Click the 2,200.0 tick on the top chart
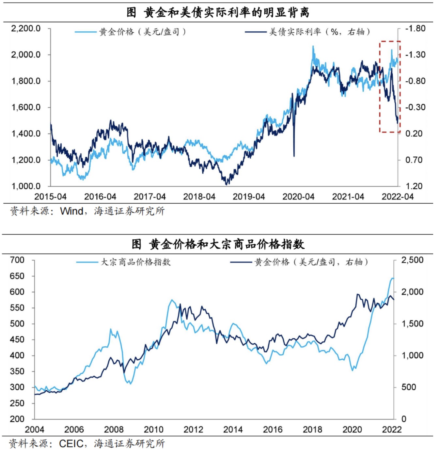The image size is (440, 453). (26, 29)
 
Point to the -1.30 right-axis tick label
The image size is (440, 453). (415, 55)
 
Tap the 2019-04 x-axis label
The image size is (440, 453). (249, 196)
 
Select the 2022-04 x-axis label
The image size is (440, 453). (398, 196)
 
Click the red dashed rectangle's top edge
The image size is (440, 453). (390, 41)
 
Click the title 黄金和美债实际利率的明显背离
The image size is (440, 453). (218, 12)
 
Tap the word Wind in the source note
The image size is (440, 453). (71, 211)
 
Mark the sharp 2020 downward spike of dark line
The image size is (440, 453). (294, 155)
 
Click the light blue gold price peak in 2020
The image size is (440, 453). (313, 47)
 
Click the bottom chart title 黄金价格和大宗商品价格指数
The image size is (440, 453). (218, 244)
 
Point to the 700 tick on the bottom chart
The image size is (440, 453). (17, 260)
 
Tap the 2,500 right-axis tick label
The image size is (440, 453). (412, 260)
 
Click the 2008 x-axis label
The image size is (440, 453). (114, 429)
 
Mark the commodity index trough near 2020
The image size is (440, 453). (353, 370)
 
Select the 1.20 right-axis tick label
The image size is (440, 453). (414, 186)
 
